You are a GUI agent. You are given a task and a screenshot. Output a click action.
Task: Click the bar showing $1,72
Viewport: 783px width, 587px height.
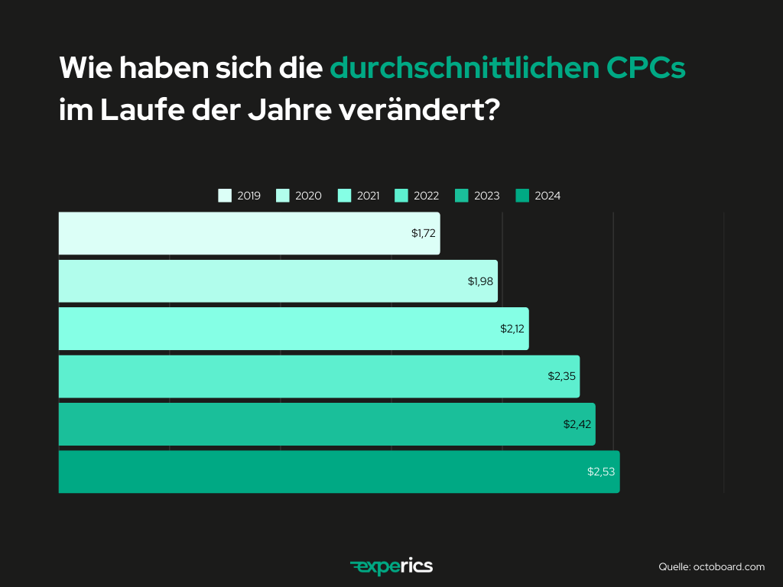249,233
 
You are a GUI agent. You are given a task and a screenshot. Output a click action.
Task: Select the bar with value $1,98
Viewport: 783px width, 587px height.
278,281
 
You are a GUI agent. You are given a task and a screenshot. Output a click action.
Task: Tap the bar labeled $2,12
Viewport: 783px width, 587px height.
294,329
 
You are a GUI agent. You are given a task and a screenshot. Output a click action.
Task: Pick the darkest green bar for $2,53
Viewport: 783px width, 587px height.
339,472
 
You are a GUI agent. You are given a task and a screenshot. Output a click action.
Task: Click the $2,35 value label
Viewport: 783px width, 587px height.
561,376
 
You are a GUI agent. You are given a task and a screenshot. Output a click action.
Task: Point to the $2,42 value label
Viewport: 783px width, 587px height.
577,423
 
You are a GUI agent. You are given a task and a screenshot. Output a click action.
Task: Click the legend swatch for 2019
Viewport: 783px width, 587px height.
225,196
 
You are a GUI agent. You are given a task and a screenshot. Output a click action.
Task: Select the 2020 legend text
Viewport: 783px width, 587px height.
308,196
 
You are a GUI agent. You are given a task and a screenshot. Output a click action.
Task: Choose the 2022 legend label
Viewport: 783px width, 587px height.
426,196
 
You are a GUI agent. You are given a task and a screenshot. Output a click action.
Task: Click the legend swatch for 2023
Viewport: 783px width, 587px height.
461,196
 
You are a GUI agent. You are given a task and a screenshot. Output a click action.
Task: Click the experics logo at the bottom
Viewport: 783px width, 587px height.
391,566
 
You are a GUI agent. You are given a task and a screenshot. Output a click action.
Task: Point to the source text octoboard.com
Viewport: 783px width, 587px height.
729,566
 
